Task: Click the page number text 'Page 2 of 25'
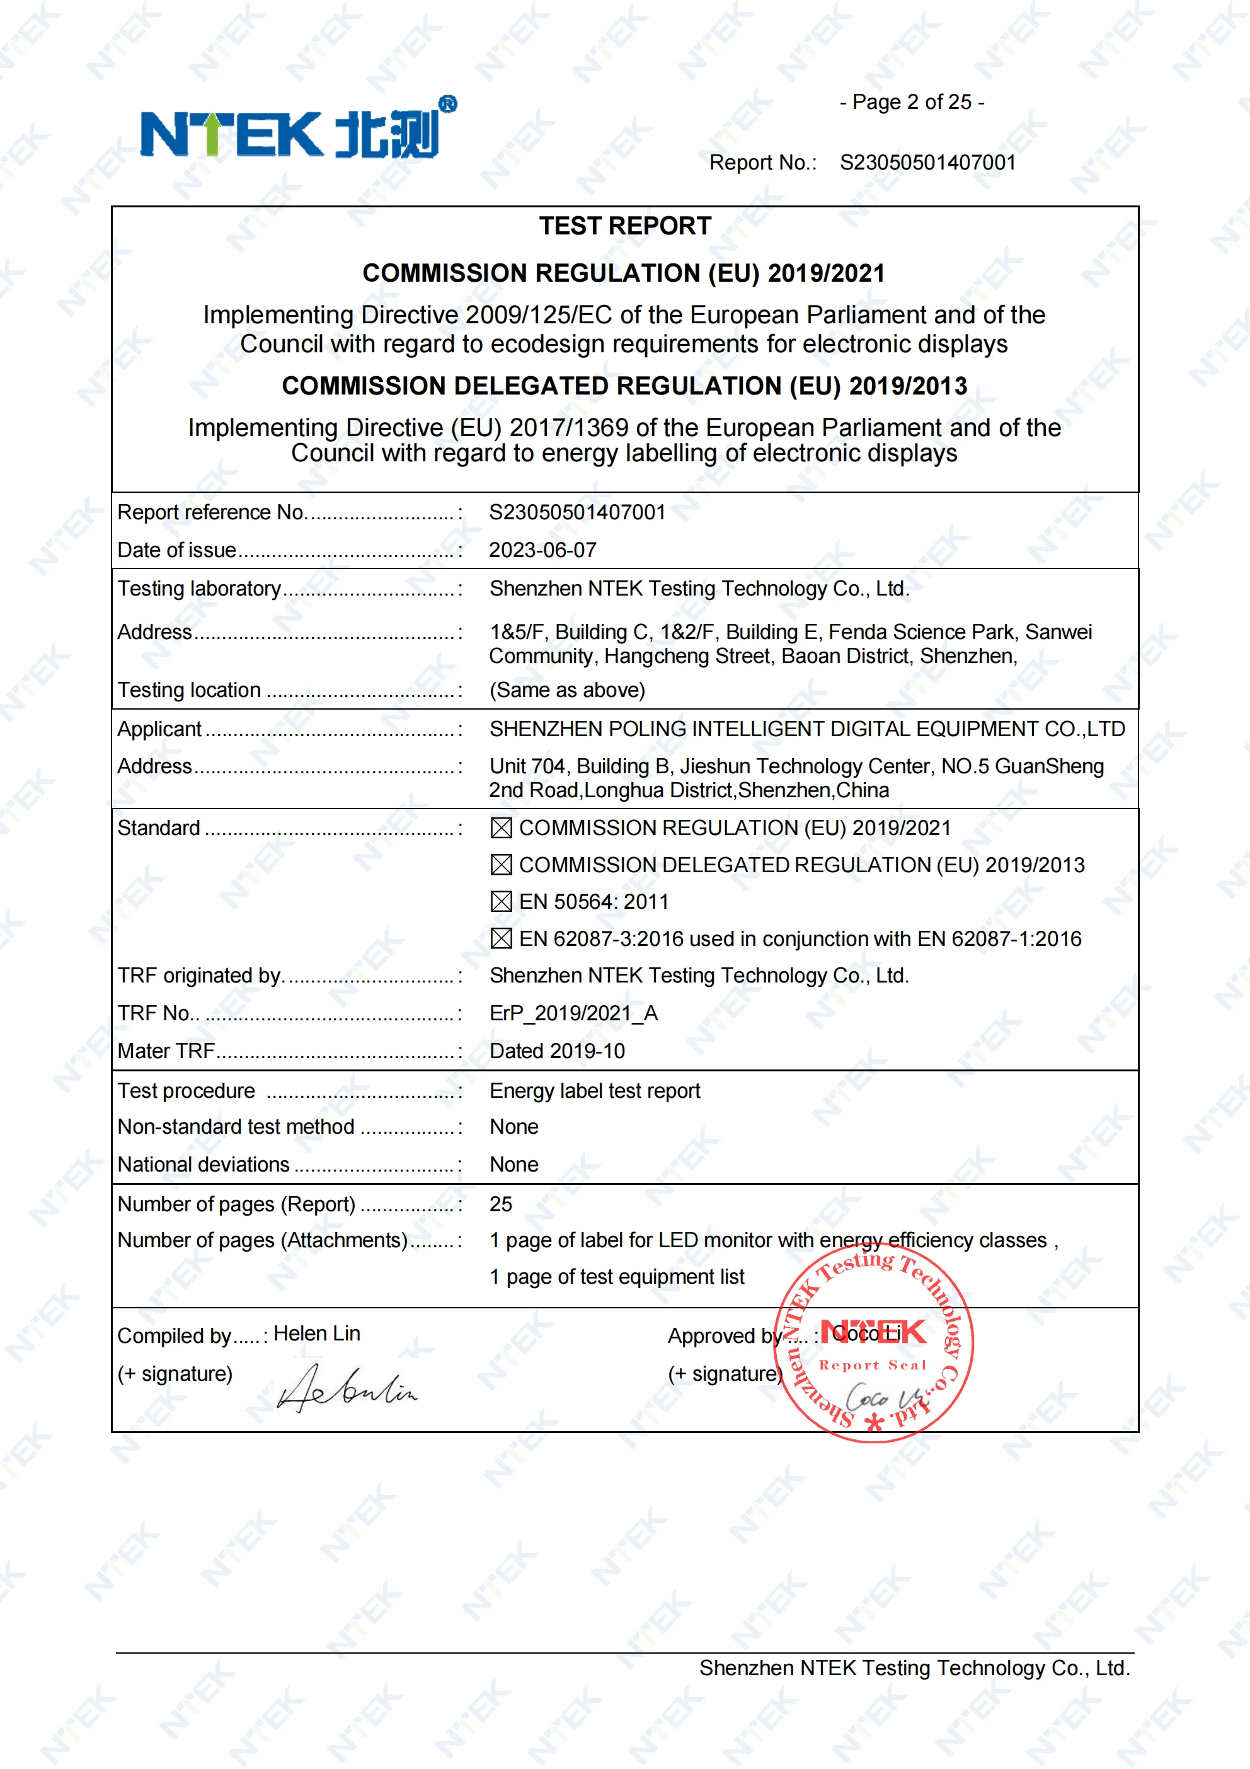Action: tap(912, 103)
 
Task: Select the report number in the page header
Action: tap(927, 163)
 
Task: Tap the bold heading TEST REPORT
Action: tap(624, 226)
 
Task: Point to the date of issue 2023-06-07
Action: tap(542, 550)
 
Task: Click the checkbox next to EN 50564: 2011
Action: tap(501, 901)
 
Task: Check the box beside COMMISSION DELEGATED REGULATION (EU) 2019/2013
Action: tap(501, 865)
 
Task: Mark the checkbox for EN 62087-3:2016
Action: tap(501, 938)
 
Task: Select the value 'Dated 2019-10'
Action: tap(557, 1051)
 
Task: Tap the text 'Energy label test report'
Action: tap(595, 1091)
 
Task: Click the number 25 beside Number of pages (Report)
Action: tap(501, 1204)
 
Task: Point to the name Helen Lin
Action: tap(316, 1334)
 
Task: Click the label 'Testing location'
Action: tap(188, 690)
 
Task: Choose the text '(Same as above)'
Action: tap(567, 690)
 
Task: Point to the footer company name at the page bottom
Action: tap(914, 1668)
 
